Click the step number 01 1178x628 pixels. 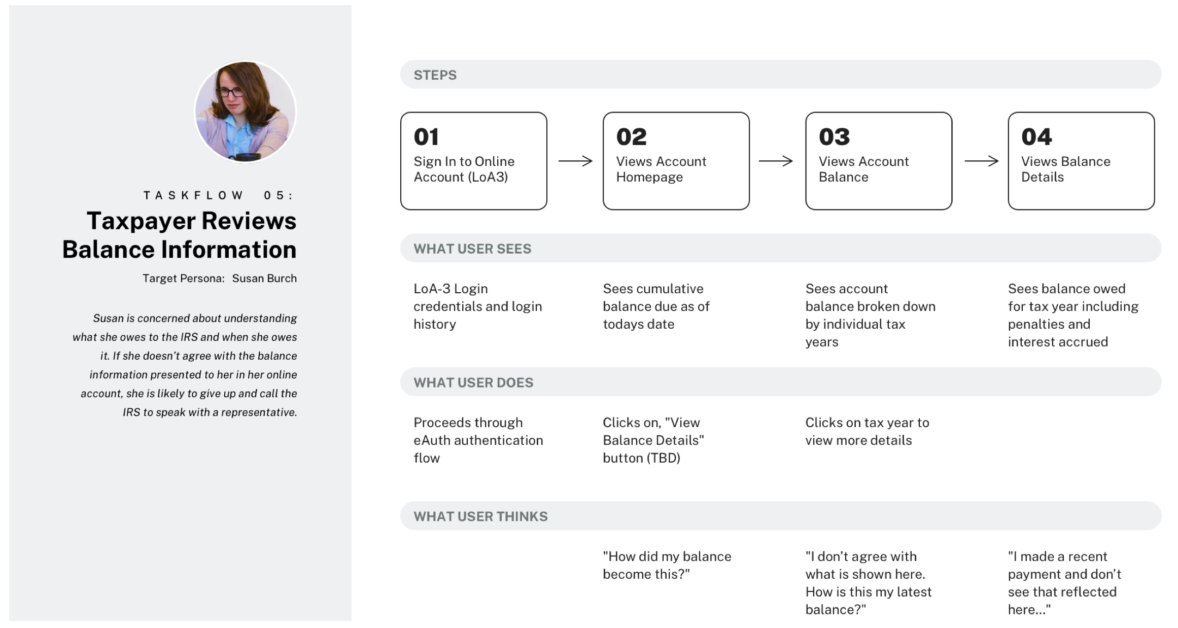click(426, 137)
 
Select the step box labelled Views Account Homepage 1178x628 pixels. click(676, 161)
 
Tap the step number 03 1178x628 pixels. click(834, 137)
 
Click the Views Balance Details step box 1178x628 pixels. click(1081, 161)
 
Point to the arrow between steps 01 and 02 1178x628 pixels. click(575, 161)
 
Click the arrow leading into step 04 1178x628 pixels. click(981, 161)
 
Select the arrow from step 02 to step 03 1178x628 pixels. click(776, 161)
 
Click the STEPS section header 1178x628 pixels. click(435, 75)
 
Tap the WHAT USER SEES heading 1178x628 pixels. click(472, 249)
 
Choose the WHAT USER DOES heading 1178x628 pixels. click(473, 382)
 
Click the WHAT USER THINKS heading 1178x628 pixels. click(480, 516)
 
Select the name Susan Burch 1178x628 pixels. click(264, 278)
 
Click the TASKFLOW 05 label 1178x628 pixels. click(219, 195)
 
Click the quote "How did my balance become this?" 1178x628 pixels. click(667, 565)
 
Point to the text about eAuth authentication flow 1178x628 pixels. click(478, 440)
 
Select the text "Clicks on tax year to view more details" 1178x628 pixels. click(867, 431)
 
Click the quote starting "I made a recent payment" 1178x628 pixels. click(1064, 582)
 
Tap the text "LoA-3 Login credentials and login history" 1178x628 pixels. click(477, 306)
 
